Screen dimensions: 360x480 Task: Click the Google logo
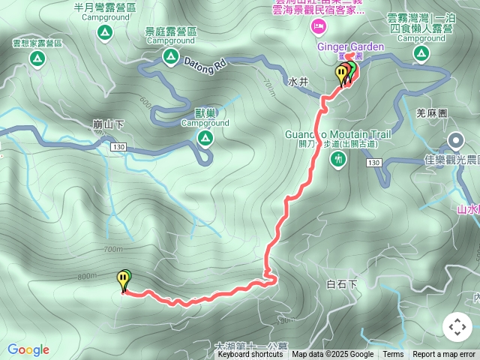[x=28, y=349]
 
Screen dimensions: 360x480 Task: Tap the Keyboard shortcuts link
[x=250, y=355]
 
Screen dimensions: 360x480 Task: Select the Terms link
[x=393, y=355]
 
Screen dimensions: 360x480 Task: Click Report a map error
[x=444, y=355]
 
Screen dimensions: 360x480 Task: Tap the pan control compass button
[x=457, y=327]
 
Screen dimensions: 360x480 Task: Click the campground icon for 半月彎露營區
[x=104, y=33]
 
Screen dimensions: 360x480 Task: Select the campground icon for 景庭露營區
[x=171, y=56]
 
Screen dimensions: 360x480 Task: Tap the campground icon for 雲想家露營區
[x=36, y=58]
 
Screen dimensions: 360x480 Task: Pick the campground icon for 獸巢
[x=205, y=138]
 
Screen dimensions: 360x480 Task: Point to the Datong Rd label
[x=205, y=65]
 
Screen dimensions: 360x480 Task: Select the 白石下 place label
[x=343, y=283]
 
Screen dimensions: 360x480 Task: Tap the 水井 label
[x=298, y=80]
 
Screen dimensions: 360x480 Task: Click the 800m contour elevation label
[x=87, y=276]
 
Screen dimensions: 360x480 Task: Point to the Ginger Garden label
[x=351, y=46]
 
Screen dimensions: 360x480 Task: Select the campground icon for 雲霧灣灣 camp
[x=421, y=52]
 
